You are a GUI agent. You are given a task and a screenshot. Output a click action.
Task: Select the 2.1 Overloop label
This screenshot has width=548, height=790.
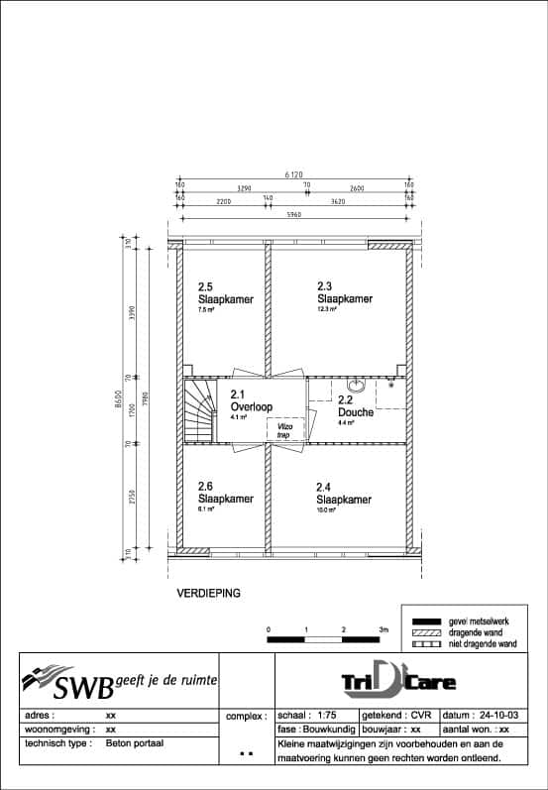pyautogui.click(x=250, y=407)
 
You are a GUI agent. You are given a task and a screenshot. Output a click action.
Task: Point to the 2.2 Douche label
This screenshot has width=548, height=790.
pyautogui.click(x=355, y=411)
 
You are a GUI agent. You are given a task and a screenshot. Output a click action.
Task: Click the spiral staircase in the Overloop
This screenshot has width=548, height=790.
pyautogui.click(x=199, y=412)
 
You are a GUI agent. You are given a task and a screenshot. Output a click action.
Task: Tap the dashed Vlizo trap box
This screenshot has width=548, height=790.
pyautogui.click(x=284, y=430)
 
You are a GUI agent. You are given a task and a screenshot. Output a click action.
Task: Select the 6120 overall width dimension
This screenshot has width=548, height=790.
pyautogui.click(x=293, y=174)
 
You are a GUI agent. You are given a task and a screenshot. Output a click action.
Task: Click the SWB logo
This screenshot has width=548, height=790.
pyautogui.click(x=119, y=682)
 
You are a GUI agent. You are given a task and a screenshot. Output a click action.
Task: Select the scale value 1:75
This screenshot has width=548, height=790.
pyautogui.click(x=324, y=715)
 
